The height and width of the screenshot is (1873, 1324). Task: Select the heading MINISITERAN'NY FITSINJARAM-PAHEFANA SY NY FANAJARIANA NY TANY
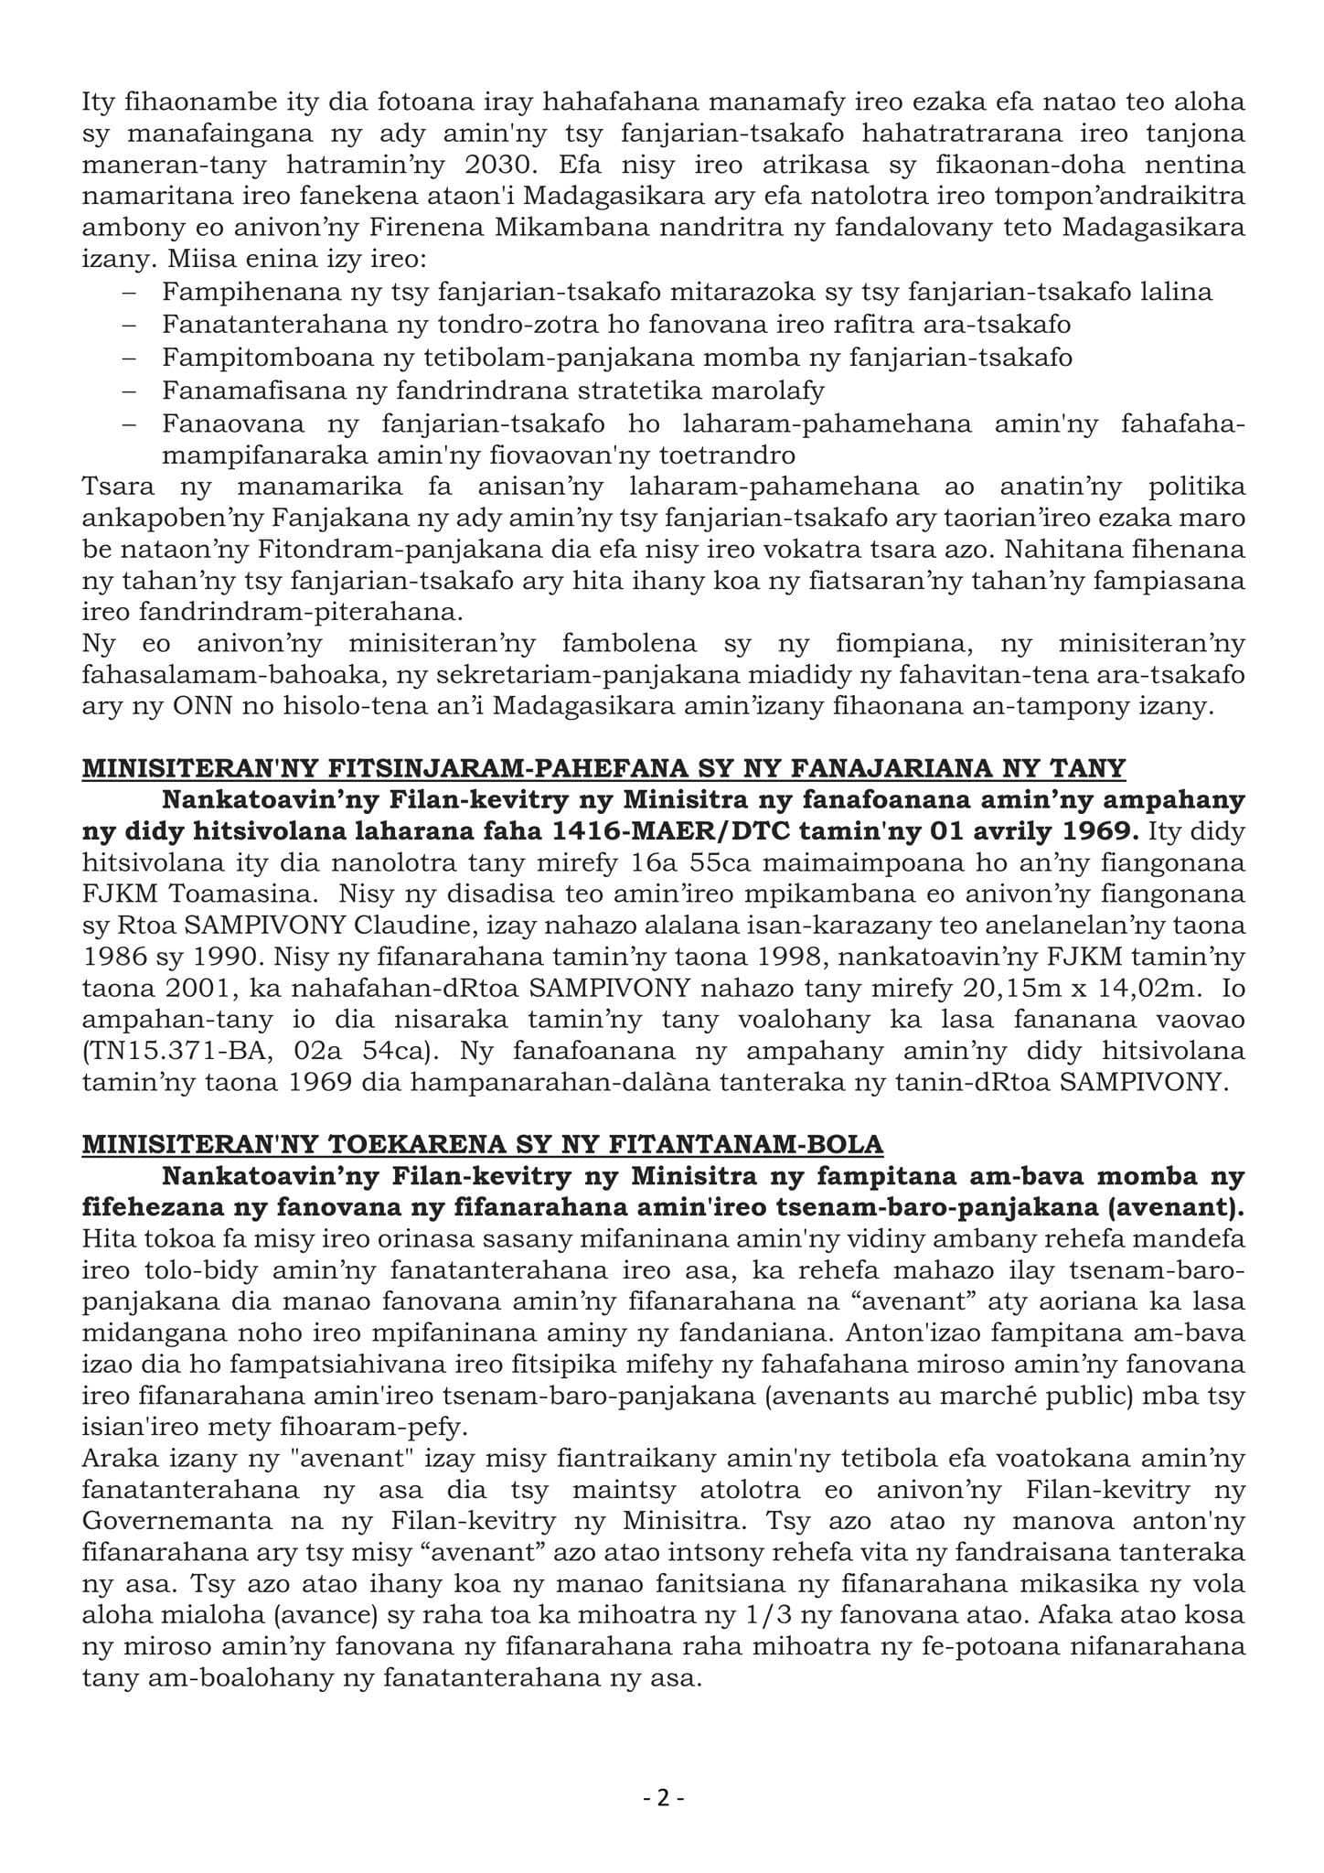click(x=603, y=767)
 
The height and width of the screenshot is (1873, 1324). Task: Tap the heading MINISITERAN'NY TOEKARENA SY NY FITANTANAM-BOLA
click(x=483, y=1144)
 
